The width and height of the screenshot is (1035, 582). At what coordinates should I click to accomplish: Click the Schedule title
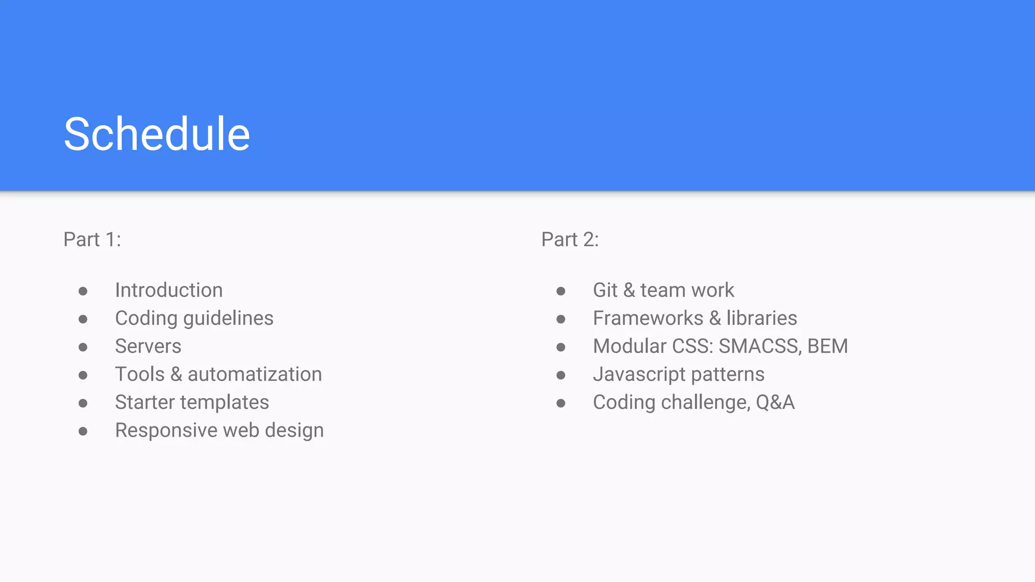point(157,134)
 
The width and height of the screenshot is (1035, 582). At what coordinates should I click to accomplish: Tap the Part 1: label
point(92,239)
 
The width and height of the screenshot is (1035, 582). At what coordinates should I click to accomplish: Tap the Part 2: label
point(570,239)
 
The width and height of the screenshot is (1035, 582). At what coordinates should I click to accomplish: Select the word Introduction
point(169,290)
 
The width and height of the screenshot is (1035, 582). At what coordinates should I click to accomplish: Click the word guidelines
point(228,319)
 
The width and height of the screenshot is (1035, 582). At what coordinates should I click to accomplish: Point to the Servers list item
point(148,347)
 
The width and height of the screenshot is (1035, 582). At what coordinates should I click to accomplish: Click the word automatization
point(255,374)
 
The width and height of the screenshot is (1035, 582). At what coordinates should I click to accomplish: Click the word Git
point(605,290)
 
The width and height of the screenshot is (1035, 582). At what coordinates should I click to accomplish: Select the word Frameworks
point(648,318)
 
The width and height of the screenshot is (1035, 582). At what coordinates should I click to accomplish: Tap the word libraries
point(762,318)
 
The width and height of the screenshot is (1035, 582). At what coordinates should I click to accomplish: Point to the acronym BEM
point(827,347)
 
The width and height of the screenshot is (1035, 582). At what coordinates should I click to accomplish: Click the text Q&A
point(775,403)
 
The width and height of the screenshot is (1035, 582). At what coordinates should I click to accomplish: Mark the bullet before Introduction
point(83,291)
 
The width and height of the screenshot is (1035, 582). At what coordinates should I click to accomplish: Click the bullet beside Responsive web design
point(83,431)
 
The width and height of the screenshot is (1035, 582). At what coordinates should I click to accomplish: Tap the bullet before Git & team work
point(560,291)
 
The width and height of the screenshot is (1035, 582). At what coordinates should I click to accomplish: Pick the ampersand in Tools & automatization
point(176,374)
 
